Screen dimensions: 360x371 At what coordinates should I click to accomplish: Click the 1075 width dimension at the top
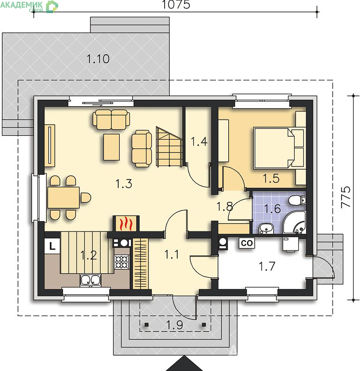click(x=176, y=5)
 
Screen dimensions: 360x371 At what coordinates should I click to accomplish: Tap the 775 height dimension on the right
click(x=346, y=198)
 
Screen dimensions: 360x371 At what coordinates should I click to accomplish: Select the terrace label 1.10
click(x=98, y=59)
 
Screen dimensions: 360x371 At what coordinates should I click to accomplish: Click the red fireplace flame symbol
click(x=126, y=224)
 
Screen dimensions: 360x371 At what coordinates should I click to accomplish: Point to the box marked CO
click(x=247, y=243)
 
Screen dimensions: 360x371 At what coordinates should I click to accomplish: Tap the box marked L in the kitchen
click(x=52, y=246)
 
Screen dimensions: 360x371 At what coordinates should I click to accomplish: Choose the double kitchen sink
click(x=90, y=280)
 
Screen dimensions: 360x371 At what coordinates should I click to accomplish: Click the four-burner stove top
click(x=122, y=262)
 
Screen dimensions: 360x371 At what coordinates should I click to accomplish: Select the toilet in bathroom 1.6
click(x=297, y=200)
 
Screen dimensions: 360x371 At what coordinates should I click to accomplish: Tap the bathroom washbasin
click(x=266, y=229)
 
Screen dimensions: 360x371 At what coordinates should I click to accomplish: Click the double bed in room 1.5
click(x=278, y=148)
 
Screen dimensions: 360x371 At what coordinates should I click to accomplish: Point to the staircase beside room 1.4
click(x=169, y=147)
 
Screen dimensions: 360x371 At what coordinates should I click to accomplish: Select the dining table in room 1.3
click(x=64, y=198)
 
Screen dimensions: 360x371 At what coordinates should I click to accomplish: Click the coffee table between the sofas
click(x=111, y=147)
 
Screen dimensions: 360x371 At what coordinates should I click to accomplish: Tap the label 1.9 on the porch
click(x=175, y=325)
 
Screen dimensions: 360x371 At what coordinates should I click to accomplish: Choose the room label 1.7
click(x=267, y=266)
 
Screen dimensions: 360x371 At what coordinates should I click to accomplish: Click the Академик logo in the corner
click(x=29, y=6)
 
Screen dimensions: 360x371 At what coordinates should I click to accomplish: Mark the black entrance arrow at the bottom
click(x=184, y=364)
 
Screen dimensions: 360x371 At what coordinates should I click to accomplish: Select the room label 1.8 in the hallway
click(x=225, y=207)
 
